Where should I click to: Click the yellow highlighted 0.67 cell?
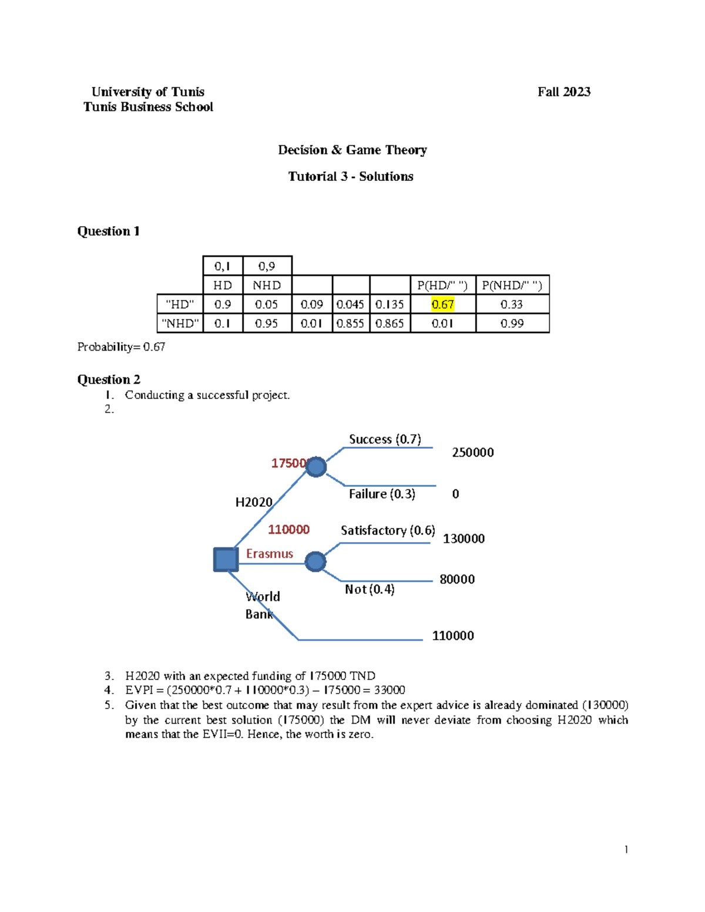[442, 304]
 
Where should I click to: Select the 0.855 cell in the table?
[350, 323]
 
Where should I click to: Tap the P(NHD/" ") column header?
[512, 285]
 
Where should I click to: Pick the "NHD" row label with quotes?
[180, 323]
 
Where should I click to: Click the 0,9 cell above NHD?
[267, 266]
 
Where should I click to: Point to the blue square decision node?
[226, 560]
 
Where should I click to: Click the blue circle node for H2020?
[316, 467]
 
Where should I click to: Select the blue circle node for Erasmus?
[315, 561]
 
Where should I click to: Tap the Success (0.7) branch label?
[385, 439]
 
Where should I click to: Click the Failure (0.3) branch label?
[382, 494]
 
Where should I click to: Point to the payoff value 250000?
[472, 452]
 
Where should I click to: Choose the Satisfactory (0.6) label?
[388, 530]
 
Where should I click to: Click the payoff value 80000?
[457, 579]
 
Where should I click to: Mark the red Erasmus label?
[269, 554]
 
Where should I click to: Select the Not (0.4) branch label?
[370, 589]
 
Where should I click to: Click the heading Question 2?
[109, 379]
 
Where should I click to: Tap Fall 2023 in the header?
[564, 92]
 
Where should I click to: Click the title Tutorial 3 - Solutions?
[351, 176]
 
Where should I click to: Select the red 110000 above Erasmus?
[288, 530]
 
